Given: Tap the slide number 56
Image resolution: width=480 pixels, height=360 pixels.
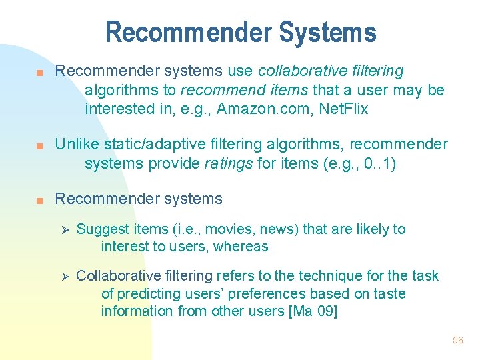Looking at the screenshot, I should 457,340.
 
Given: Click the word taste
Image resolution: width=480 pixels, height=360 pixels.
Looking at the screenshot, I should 389,293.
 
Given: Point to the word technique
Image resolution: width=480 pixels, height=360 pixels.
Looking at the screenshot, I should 311,276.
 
